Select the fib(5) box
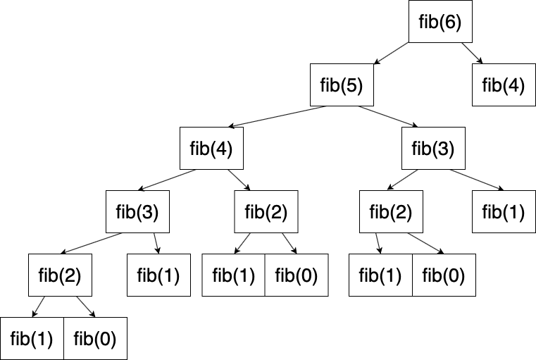point(342,85)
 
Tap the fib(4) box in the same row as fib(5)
point(504,85)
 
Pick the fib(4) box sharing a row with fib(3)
point(211,149)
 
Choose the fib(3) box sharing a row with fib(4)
point(433,149)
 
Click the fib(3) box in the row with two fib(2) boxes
point(137,211)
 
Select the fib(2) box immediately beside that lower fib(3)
point(266,211)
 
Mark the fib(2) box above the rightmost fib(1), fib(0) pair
point(391,211)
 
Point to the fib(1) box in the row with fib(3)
point(504,211)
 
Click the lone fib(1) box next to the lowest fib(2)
point(158,275)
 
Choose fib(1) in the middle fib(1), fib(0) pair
point(234,275)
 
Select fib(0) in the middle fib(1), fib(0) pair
point(296,275)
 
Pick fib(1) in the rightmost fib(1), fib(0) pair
point(381,275)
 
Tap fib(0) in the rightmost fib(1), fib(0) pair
point(444,275)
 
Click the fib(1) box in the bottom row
point(32,338)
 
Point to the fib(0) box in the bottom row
point(95,338)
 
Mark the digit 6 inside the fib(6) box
point(451,22)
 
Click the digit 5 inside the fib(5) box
point(352,86)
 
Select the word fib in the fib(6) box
point(428,22)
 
